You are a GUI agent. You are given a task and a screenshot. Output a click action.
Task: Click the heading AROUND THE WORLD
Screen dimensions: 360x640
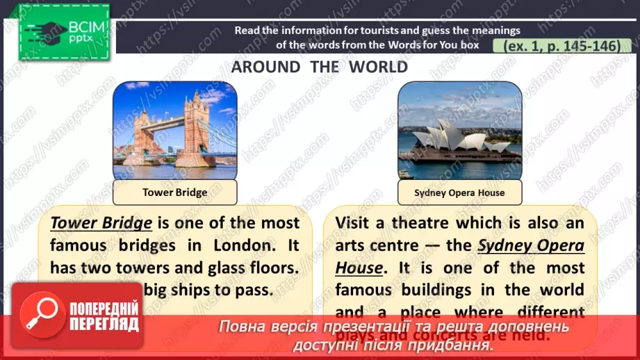[x=320, y=67]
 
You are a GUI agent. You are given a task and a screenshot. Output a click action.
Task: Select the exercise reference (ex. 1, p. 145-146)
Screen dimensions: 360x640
[x=556, y=45]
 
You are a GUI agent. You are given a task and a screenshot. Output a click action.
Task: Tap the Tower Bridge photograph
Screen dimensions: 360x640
[x=174, y=130]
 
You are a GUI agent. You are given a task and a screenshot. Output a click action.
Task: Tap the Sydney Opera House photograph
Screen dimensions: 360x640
[x=459, y=130]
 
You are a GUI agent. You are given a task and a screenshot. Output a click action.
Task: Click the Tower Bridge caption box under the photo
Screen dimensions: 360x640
[x=174, y=193]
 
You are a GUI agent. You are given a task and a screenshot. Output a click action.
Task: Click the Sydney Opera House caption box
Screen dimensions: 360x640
[x=459, y=193]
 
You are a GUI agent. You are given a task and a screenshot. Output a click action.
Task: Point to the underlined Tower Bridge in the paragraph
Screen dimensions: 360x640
[x=101, y=223]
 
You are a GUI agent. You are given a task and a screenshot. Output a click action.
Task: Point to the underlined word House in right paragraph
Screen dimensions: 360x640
[x=359, y=268]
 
